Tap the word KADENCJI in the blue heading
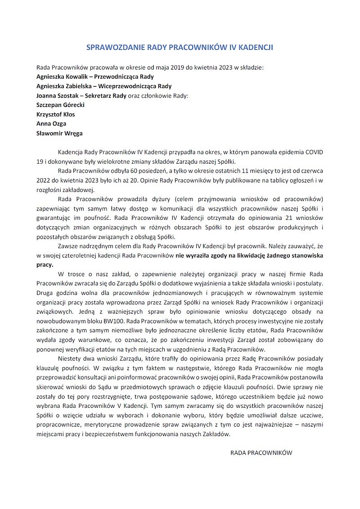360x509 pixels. pyautogui.click(x=256, y=47)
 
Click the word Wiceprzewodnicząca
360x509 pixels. pyautogui.click(x=128, y=86)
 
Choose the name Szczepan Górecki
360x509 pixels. pyautogui.click(x=60, y=105)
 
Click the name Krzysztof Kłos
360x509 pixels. pyautogui.click(x=56, y=115)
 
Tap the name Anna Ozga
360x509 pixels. pyautogui.click(x=51, y=124)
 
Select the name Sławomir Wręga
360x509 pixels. pyautogui.click(x=59, y=134)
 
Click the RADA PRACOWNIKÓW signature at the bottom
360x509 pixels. pyautogui.click(x=261, y=453)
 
